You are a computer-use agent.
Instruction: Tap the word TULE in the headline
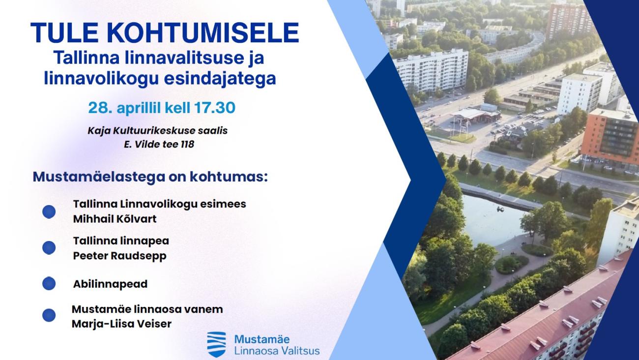click(x=64, y=32)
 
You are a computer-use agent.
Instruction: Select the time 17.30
click(x=215, y=108)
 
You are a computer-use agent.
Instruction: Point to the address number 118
click(x=187, y=144)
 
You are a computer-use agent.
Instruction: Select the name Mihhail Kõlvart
click(x=115, y=219)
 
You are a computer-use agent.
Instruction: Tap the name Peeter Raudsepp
click(x=120, y=256)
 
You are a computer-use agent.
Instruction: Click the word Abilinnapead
click(x=111, y=284)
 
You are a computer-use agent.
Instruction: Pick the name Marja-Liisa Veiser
click(x=121, y=324)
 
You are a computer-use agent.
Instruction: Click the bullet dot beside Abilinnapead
click(x=49, y=283)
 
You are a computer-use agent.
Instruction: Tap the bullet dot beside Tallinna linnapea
click(x=49, y=247)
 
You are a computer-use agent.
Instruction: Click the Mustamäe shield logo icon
click(x=216, y=344)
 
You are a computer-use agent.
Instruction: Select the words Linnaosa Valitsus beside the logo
click(x=277, y=351)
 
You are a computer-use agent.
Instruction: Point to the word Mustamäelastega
click(x=99, y=177)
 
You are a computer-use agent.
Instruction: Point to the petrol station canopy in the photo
click(x=473, y=115)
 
